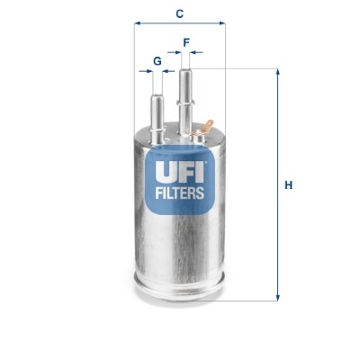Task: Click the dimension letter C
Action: pos(180,13)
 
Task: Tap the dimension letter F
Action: pos(186,41)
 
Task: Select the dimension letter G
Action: pos(157,61)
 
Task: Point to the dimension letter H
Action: pos(288,185)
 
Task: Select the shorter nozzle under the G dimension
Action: pos(157,103)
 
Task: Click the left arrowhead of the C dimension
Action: pos(138,25)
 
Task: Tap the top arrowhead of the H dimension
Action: pos(277,72)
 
